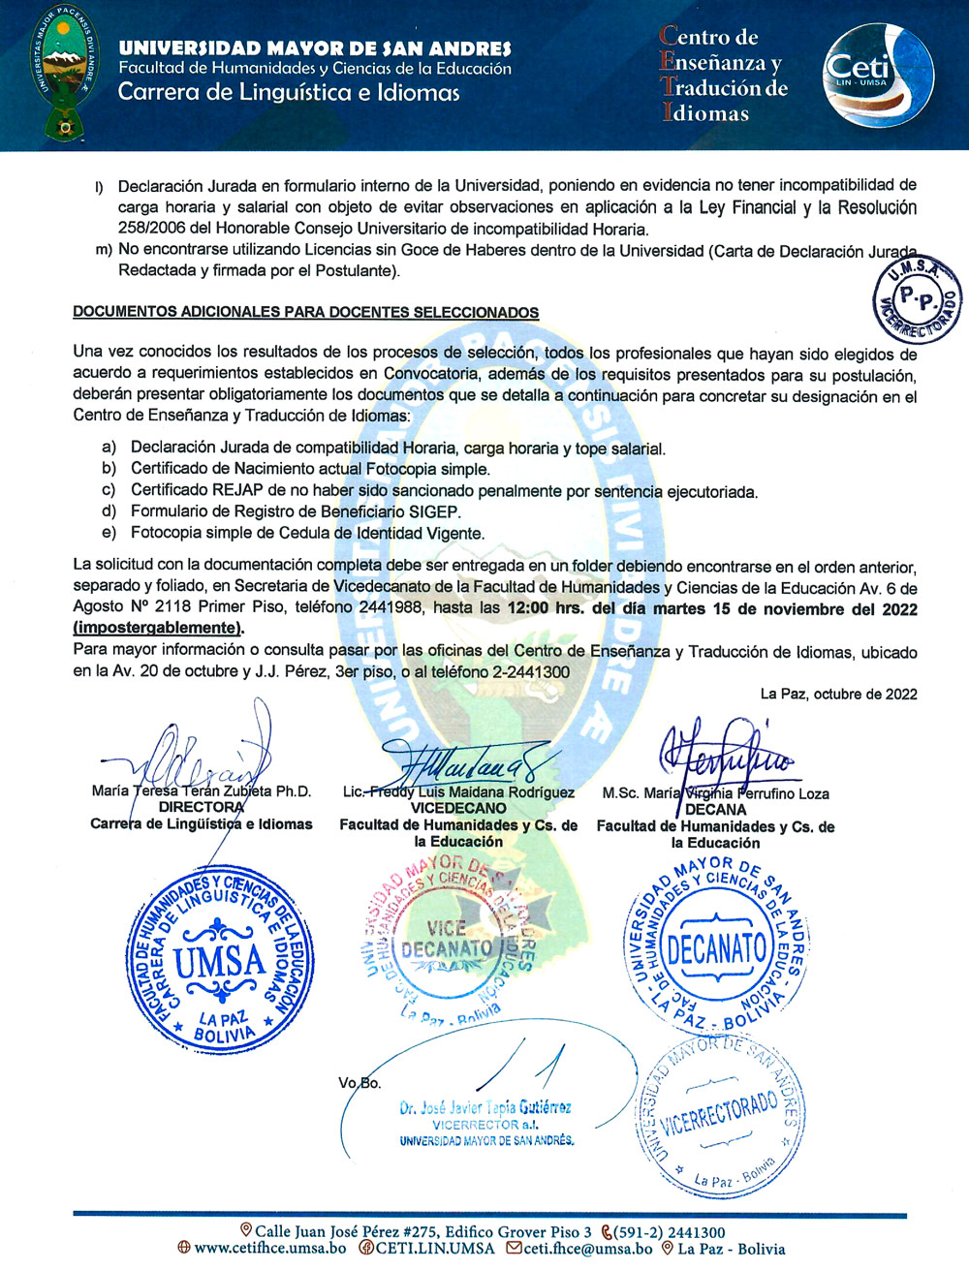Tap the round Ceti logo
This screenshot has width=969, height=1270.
(878, 76)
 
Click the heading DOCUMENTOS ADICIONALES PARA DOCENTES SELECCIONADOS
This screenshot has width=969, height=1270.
(305, 313)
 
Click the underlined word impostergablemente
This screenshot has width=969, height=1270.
(158, 628)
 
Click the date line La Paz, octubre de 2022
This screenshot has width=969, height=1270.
(838, 694)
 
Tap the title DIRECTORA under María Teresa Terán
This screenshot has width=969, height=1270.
(202, 807)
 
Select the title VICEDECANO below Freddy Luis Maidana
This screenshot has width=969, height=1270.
(458, 808)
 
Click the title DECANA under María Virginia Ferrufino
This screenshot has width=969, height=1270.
(715, 810)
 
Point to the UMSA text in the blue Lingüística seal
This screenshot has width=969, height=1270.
(219, 961)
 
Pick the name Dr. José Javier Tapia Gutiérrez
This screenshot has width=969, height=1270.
(484, 1107)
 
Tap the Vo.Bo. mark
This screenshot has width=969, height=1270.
(359, 1082)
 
